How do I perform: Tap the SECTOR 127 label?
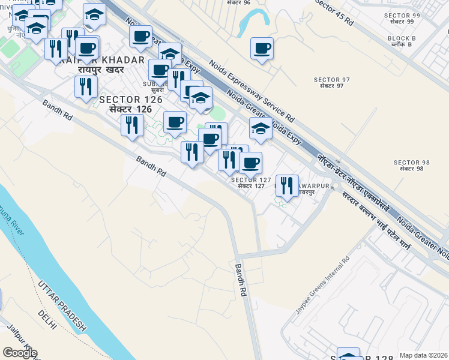248,180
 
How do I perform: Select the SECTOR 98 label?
412,163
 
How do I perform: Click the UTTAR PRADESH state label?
62,307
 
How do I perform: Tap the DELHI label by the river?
46,320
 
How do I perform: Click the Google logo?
19,353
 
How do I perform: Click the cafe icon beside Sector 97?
262,48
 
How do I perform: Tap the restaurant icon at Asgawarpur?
287,185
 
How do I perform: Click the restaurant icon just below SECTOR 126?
131,124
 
